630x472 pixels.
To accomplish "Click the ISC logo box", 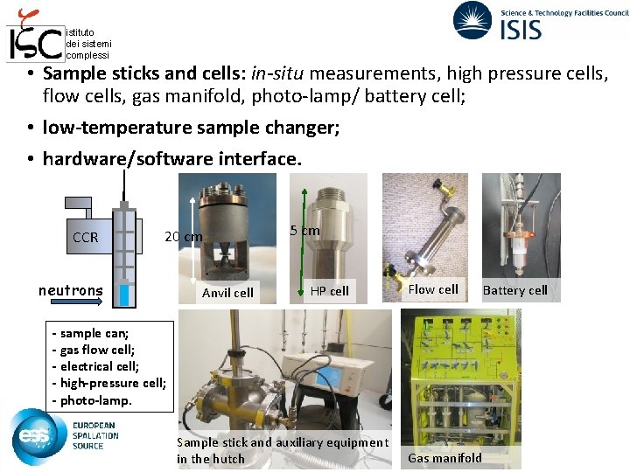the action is (x=35, y=44).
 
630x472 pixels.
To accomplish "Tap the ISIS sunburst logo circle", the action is (x=472, y=20).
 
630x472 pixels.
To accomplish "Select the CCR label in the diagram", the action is (x=85, y=237).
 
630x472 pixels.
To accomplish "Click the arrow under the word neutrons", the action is (x=76, y=302).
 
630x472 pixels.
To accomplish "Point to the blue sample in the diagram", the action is (x=124, y=295).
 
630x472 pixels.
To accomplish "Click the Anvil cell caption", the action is (x=227, y=293).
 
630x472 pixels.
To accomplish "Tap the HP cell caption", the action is (x=330, y=290).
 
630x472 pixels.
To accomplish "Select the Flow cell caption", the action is (x=433, y=289).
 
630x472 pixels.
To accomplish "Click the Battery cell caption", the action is (x=515, y=290).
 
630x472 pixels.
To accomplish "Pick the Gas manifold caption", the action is (x=444, y=457).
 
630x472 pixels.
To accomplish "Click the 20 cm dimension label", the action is (x=184, y=236).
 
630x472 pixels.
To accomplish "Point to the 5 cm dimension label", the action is (x=305, y=231).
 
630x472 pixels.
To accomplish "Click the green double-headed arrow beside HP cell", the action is (x=303, y=242).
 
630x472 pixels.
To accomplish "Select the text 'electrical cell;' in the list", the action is (x=99, y=366).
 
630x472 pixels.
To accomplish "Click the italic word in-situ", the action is (x=277, y=73).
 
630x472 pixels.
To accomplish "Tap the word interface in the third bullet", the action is (x=260, y=158).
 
